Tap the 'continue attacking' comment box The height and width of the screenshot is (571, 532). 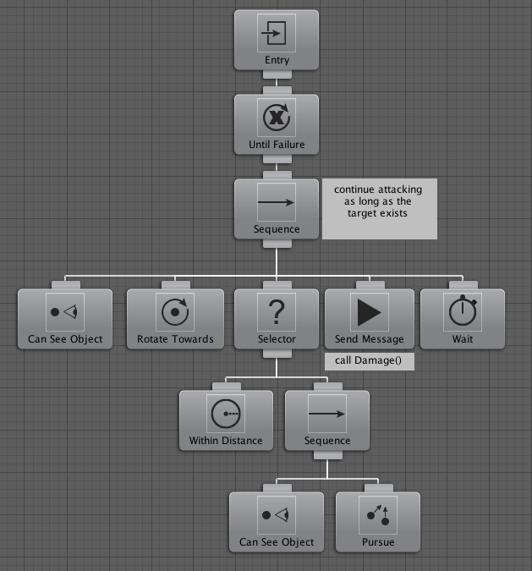(379, 208)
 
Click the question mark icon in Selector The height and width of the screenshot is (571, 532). (277, 312)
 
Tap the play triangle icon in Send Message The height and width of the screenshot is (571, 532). (370, 312)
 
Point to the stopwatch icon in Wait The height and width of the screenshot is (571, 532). (462, 312)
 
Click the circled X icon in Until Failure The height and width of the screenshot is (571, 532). (277, 118)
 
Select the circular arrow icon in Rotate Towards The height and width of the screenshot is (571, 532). (175, 312)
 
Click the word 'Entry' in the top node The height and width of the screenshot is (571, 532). (277, 60)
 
